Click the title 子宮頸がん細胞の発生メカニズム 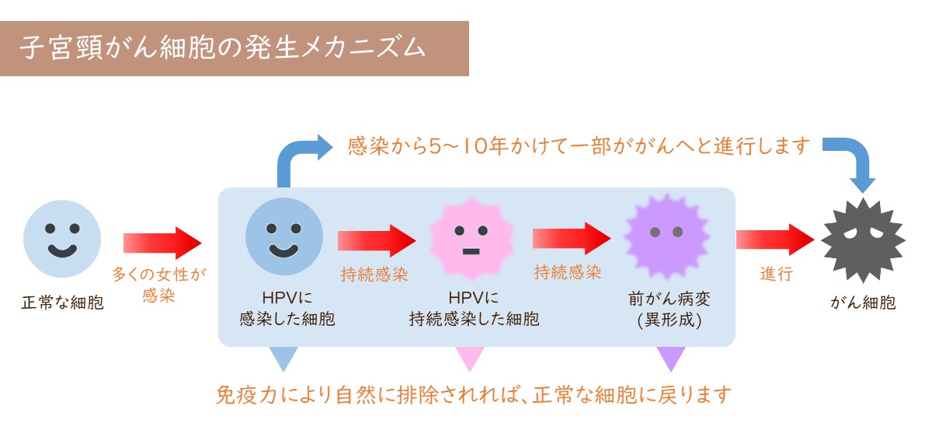223,47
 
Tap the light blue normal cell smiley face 62,239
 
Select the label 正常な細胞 62,303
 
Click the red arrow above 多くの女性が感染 162,243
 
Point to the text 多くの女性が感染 159,285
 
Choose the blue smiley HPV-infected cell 284,236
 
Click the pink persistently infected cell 471,240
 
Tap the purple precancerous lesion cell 666,236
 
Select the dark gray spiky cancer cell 863,240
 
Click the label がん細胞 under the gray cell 863,303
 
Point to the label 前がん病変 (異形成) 669,310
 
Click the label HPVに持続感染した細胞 474,309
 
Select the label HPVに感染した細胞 287,309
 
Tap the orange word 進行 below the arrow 777,275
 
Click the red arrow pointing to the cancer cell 775,240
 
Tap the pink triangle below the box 470,359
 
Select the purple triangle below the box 671,359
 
